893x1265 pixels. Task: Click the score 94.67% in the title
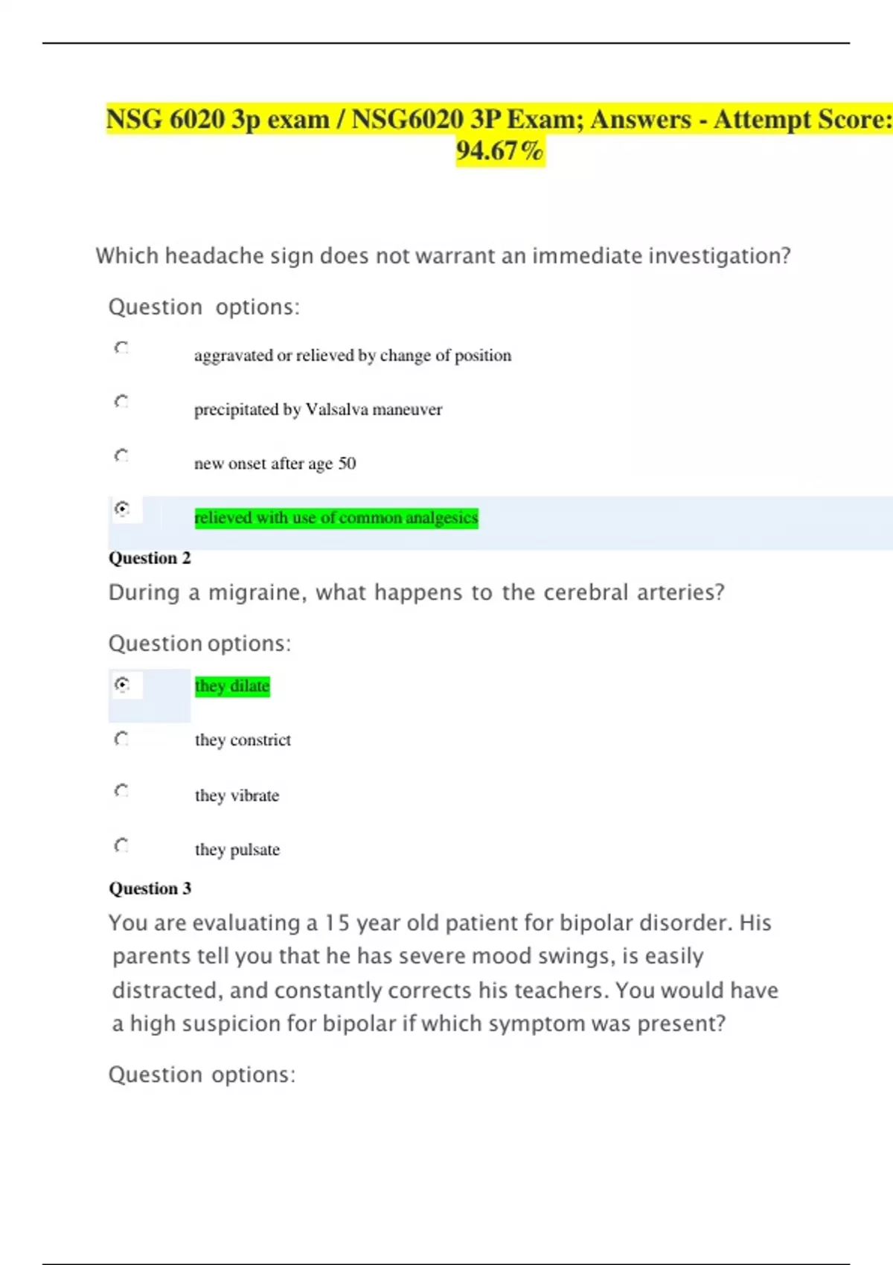click(x=500, y=151)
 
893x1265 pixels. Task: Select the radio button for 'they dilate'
click(x=122, y=684)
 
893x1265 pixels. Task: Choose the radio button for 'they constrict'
click(x=121, y=738)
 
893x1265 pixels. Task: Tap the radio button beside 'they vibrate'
click(x=121, y=790)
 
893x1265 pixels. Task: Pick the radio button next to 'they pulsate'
click(x=121, y=845)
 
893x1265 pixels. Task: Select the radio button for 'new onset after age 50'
click(x=121, y=455)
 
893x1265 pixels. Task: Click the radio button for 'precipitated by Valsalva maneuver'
click(x=121, y=402)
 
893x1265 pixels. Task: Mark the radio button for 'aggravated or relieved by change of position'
click(x=121, y=348)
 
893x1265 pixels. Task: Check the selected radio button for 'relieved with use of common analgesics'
click(x=122, y=509)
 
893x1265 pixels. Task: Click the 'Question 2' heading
click(x=150, y=558)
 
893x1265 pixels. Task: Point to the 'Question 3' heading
click(x=150, y=888)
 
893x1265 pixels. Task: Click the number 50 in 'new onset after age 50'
click(x=347, y=464)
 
